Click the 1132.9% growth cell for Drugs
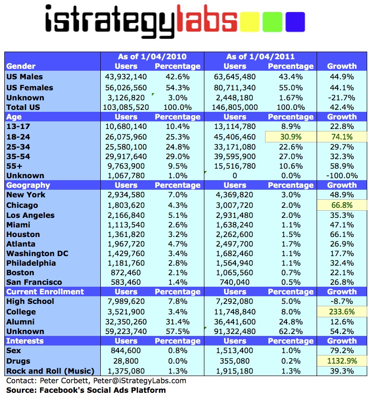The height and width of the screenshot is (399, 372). point(342,361)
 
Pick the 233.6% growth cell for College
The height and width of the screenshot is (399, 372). point(342,312)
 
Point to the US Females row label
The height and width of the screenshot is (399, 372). point(30,87)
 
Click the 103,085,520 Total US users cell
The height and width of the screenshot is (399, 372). point(126,107)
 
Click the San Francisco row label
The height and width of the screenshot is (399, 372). point(34,282)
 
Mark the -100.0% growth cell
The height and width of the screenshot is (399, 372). point(342,175)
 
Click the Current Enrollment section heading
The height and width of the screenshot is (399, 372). point(45,291)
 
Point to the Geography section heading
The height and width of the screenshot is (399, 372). point(29,185)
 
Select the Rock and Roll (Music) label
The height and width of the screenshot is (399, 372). point(51,371)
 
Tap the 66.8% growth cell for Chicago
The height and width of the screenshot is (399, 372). point(342,205)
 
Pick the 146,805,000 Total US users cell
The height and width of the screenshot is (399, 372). point(234,107)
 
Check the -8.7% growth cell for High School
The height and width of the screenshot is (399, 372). point(342,302)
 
